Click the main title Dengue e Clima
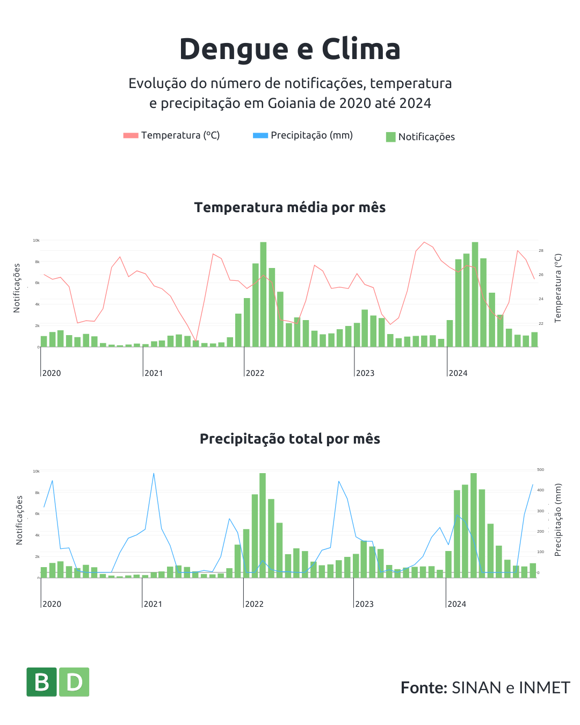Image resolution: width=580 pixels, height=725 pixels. (x=290, y=49)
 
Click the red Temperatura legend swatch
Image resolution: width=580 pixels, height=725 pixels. (x=130, y=135)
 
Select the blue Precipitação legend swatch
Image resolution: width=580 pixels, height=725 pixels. (x=260, y=135)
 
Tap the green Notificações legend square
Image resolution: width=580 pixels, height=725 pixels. (x=390, y=137)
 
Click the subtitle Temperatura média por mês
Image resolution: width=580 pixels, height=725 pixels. (x=290, y=207)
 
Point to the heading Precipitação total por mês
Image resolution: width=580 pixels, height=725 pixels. (x=290, y=439)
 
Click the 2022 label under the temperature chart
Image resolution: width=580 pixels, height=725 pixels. (x=255, y=373)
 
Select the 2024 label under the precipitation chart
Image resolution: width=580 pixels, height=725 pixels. (x=457, y=604)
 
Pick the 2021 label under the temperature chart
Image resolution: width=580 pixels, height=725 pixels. (x=154, y=373)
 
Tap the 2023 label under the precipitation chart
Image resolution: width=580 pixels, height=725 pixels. (x=364, y=604)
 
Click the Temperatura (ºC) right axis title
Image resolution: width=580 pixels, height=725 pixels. (x=558, y=288)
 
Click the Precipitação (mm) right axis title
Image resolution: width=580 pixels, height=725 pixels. (x=558, y=519)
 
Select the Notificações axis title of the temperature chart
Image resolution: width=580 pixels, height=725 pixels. (x=17, y=288)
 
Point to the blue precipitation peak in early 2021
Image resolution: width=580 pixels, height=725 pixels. (x=154, y=474)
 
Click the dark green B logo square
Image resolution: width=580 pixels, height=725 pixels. (x=41, y=682)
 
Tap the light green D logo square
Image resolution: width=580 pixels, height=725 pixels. (x=74, y=682)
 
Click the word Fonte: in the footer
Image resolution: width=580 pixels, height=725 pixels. (x=424, y=688)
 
